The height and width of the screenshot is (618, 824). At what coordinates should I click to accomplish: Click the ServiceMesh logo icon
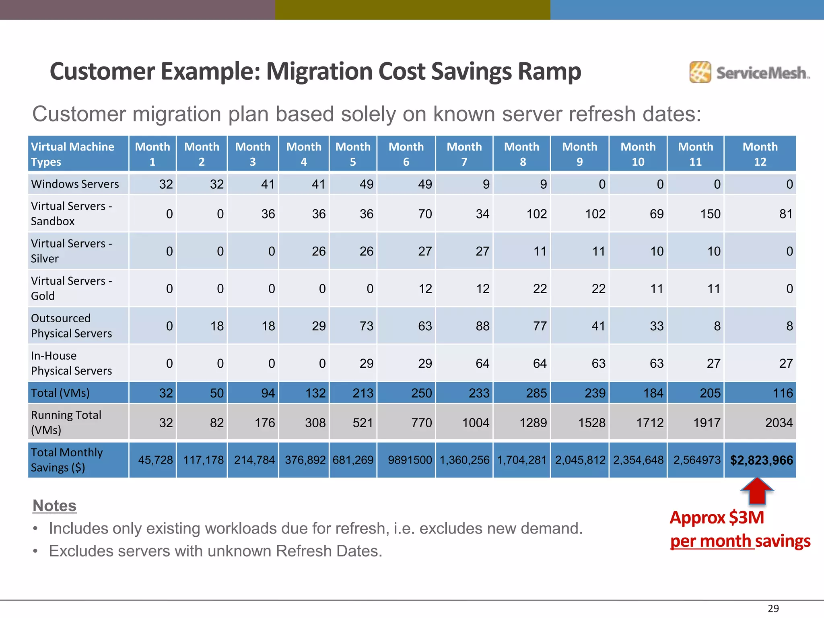pos(700,72)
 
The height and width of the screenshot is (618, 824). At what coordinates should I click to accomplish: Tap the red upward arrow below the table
pos(757,491)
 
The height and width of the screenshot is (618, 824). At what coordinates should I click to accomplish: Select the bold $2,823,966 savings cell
pos(761,460)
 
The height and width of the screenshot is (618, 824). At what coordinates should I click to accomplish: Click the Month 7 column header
pos(464,154)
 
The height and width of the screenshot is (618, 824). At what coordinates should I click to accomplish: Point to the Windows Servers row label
pos(75,184)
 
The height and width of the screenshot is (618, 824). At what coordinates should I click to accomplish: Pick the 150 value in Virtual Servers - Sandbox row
pos(710,214)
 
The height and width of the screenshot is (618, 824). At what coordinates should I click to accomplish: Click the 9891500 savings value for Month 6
pos(410,460)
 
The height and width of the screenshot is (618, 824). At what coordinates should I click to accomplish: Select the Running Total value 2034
pos(779,423)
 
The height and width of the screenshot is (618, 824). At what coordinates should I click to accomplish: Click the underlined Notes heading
pos(54,506)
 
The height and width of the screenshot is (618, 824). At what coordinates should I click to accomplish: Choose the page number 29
pos(773,608)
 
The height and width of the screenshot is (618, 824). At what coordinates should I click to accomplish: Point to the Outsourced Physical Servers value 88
pos(482,326)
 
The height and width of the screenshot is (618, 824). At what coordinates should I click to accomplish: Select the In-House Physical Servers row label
pos(71,363)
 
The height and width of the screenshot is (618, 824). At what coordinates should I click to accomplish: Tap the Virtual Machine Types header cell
pos(72,154)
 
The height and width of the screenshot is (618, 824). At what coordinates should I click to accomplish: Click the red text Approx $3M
pos(717,518)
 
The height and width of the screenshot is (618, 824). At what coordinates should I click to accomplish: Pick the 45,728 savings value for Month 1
pos(155,460)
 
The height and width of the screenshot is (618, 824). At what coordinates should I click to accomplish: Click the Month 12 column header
pos(760,154)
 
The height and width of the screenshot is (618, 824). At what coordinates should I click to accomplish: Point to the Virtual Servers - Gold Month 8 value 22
pos(540,289)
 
